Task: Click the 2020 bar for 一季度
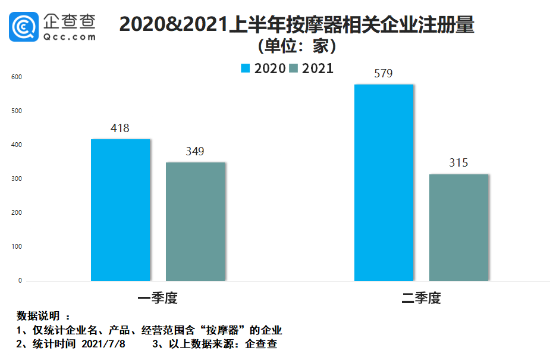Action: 121,209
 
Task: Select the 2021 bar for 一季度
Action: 196,221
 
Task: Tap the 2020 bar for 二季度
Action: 384,182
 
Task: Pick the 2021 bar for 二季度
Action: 459,227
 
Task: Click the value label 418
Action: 120,129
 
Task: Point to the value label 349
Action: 194,152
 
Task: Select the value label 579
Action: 384,74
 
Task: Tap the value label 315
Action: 458,163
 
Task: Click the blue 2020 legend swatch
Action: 245,68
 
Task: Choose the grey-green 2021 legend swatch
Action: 293,68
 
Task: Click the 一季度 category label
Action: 158,298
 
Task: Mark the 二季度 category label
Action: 421,298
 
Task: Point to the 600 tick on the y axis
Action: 16,77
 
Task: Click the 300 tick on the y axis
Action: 16,179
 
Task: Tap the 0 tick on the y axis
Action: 20,281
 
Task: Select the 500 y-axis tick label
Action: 16,111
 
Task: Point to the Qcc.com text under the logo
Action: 70,36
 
